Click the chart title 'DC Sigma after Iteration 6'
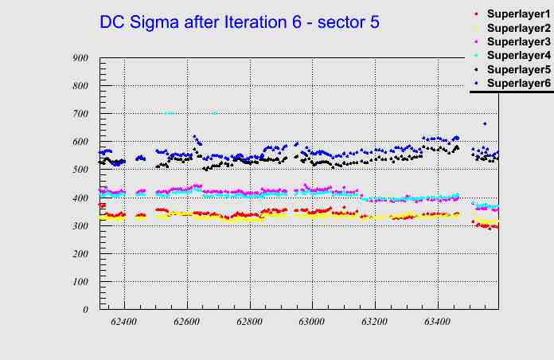tap(239, 22)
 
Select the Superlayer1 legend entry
tap(518, 14)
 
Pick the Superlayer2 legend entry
tap(518, 28)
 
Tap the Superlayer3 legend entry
tap(518, 41)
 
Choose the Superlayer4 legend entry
tap(518, 55)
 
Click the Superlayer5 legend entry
tap(518, 69)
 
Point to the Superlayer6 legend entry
tap(518, 83)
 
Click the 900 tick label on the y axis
tap(80, 57)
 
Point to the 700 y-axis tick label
tap(80, 114)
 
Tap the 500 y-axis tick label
tap(80, 170)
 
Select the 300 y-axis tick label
tap(80, 225)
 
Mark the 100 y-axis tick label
tap(80, 281)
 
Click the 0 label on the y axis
tap(85, 309)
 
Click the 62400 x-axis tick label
tap(124, 323)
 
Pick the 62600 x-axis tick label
tap(187, 323)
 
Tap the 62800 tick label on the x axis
tap(249, 323)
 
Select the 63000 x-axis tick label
tap(312, 323)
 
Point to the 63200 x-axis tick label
tap(374, 323)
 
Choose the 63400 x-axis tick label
tap(437, 323)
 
